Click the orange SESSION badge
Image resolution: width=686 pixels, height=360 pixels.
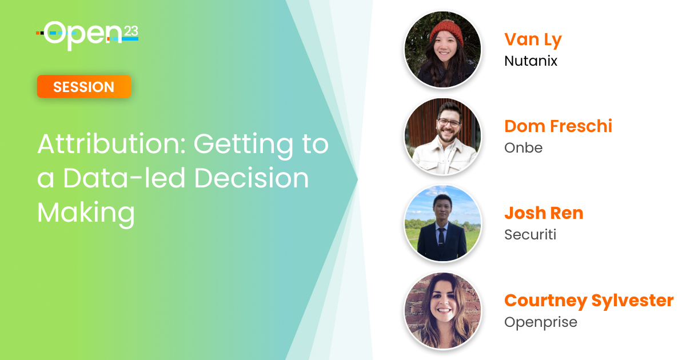point(84,87)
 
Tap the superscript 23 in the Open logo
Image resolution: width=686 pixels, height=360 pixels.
point(131,31)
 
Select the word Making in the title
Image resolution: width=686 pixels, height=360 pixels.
point(86,213)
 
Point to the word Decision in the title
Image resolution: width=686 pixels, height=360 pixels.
point(252,178)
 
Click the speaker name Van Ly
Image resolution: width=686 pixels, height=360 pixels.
point(533,40)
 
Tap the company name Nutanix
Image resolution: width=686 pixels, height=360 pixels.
point(531,61)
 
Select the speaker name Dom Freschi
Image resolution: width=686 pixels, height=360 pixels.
point(559,126)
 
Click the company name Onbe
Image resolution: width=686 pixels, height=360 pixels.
point(524,148)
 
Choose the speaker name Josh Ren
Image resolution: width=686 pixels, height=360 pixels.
point(544,213)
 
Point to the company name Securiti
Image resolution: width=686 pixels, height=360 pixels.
point(530,235)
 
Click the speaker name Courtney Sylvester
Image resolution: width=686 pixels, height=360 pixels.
point(589,301)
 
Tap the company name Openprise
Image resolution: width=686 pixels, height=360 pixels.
point(541,323)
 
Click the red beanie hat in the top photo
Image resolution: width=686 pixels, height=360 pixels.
point(447,33)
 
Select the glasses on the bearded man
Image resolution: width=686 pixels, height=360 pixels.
point(449,123)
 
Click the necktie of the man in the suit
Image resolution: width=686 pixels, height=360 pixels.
point(441,237)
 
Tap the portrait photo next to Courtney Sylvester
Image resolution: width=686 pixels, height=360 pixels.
point(443,311)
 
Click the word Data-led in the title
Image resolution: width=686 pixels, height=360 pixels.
point(124,178)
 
